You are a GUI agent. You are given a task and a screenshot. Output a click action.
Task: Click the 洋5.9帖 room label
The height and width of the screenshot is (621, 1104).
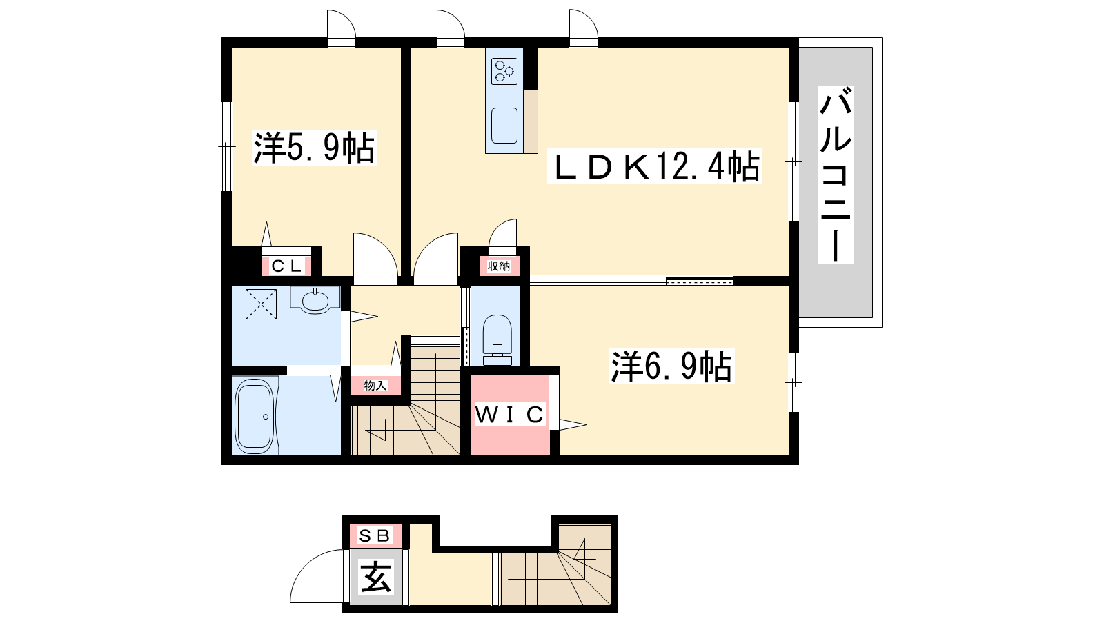pyautogui.click(x=314, y=148)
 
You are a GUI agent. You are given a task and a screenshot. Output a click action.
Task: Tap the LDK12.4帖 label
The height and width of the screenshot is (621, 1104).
pyautogui.click(x=654, y=166)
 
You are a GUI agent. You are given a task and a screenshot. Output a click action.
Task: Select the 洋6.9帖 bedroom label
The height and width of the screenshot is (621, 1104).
pyautogui.click(x=671, y=366)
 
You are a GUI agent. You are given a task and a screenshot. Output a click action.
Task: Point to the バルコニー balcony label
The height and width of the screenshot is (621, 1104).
pyautogui.click(x=836, y=175)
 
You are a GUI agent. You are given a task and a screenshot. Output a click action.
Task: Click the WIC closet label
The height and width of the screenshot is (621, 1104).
pyautogui.click(x=510, y=415)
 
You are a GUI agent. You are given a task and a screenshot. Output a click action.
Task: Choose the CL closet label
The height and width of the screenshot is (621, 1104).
pyautogui.click(x=286, y=266)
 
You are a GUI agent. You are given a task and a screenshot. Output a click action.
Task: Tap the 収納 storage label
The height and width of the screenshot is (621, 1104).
pyautogui.click(x=499, y=266)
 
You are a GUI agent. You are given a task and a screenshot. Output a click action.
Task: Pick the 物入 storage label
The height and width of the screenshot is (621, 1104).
pyautogui.click(x=375, y=386)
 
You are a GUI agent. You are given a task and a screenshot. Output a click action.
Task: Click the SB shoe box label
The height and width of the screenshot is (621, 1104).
pyautogui.click(x=375, y=535)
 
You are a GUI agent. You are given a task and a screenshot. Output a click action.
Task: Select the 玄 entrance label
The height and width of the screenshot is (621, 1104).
pyautogui.click(x=376, y=577)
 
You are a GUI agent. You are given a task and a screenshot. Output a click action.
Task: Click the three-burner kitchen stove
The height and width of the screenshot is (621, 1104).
pyautogui.click(x=504, y=70)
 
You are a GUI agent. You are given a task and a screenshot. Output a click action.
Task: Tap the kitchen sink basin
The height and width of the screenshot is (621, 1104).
pyautogui.click(x=504, y=125)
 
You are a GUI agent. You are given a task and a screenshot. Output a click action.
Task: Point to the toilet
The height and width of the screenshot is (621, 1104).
pyautogui.click(x=497, y=339)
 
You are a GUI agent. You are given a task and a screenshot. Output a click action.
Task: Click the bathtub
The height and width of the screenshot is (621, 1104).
pyautogui.click(x=255, y=416)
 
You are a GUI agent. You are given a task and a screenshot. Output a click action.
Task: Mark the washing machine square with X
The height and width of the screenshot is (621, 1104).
pyautogui.click(x=261, y=304)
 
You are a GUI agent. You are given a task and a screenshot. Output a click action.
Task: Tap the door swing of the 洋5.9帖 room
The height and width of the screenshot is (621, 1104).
pyautogui.click(x=385, y=246)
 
